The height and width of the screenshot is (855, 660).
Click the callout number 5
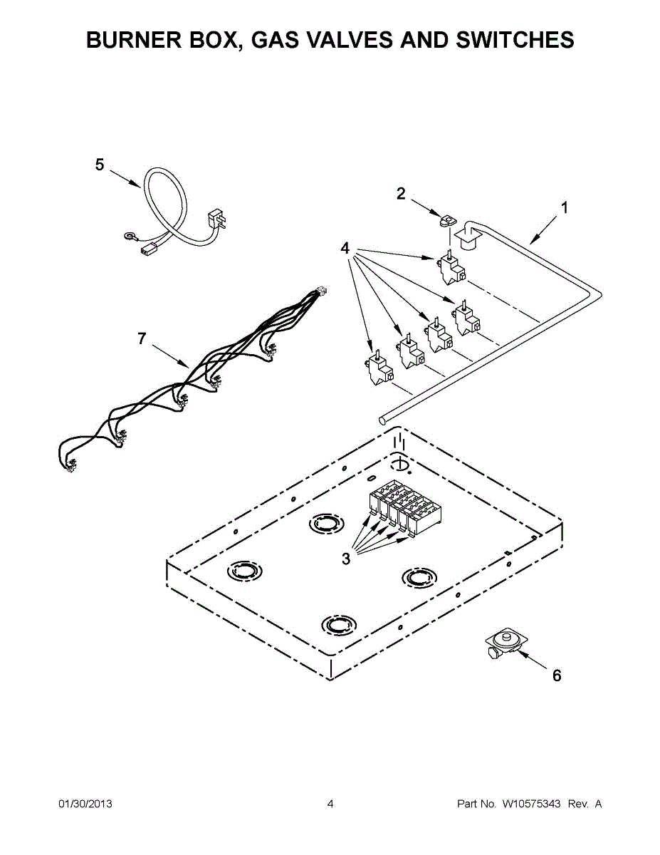tap(100, 165)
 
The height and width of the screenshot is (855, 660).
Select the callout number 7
tap(142, 339)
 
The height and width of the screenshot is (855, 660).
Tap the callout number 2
tap(401, 193)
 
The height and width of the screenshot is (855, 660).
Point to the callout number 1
tap(565, 208)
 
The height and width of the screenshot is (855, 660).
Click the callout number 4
tap(345, 249)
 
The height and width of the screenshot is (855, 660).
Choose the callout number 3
tap(346, 559)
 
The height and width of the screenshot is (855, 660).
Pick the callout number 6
tap(557, 675)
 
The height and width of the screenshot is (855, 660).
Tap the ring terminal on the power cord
tap(130, 232)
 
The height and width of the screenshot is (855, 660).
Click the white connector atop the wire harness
tap(321, 291)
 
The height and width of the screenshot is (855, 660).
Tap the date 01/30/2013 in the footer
tap(85, 804)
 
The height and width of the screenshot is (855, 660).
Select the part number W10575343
tap(531, 804)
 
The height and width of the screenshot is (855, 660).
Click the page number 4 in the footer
tap(330, 804)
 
